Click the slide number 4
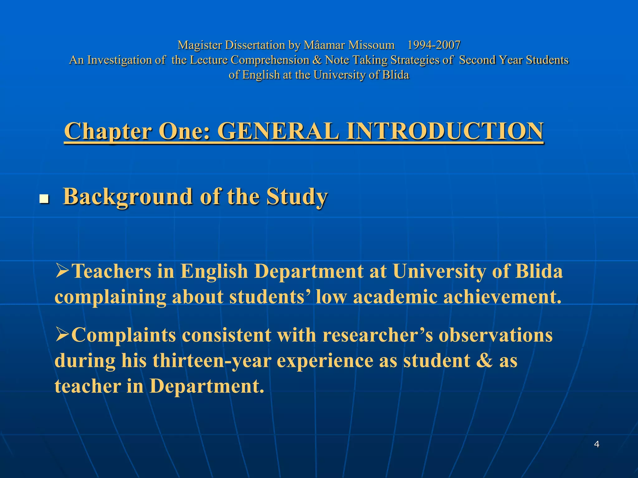[597, 444]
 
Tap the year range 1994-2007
[434, 45]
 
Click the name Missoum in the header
[371, 45]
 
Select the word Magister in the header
[200, 45]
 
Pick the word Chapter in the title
[108, 131]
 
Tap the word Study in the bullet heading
[297, 197]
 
